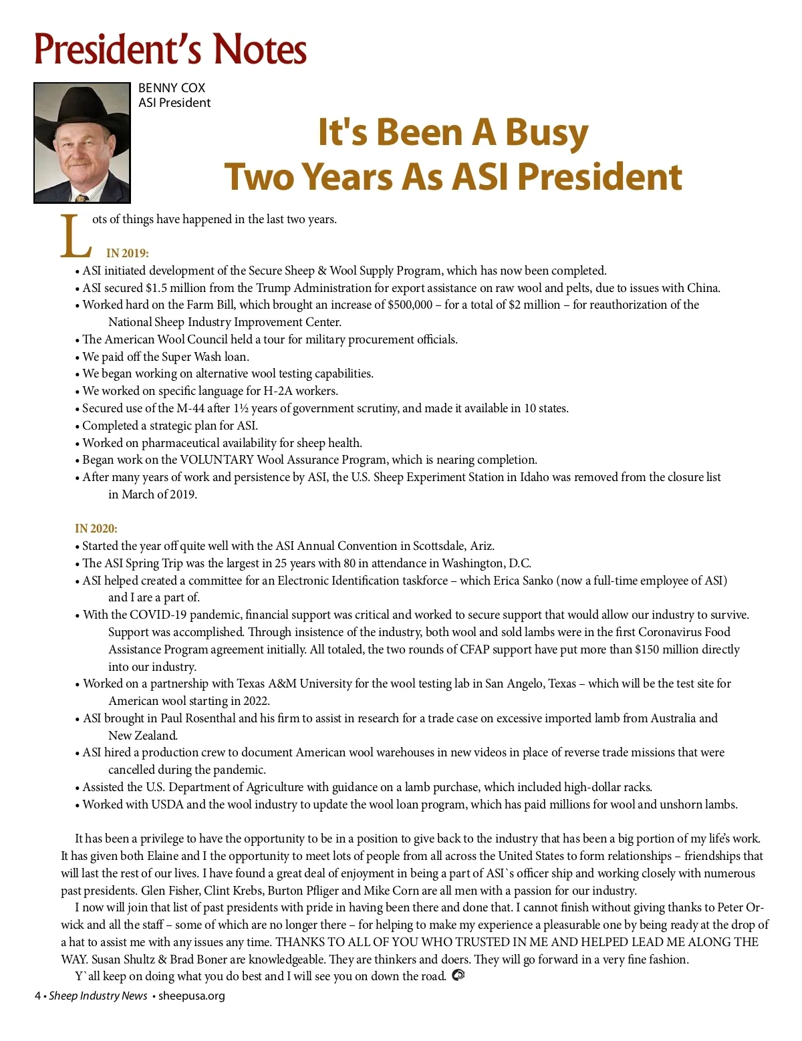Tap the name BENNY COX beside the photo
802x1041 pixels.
(172, 88)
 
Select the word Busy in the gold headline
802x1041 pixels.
(547, 132)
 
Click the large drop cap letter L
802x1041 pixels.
(75, 237)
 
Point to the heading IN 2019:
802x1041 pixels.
(127, 253)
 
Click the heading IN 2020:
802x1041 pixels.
(96, 529)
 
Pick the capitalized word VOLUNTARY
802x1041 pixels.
(217, 460)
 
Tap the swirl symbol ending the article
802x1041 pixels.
(458, 976)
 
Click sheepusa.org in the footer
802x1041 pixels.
(191, 996)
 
